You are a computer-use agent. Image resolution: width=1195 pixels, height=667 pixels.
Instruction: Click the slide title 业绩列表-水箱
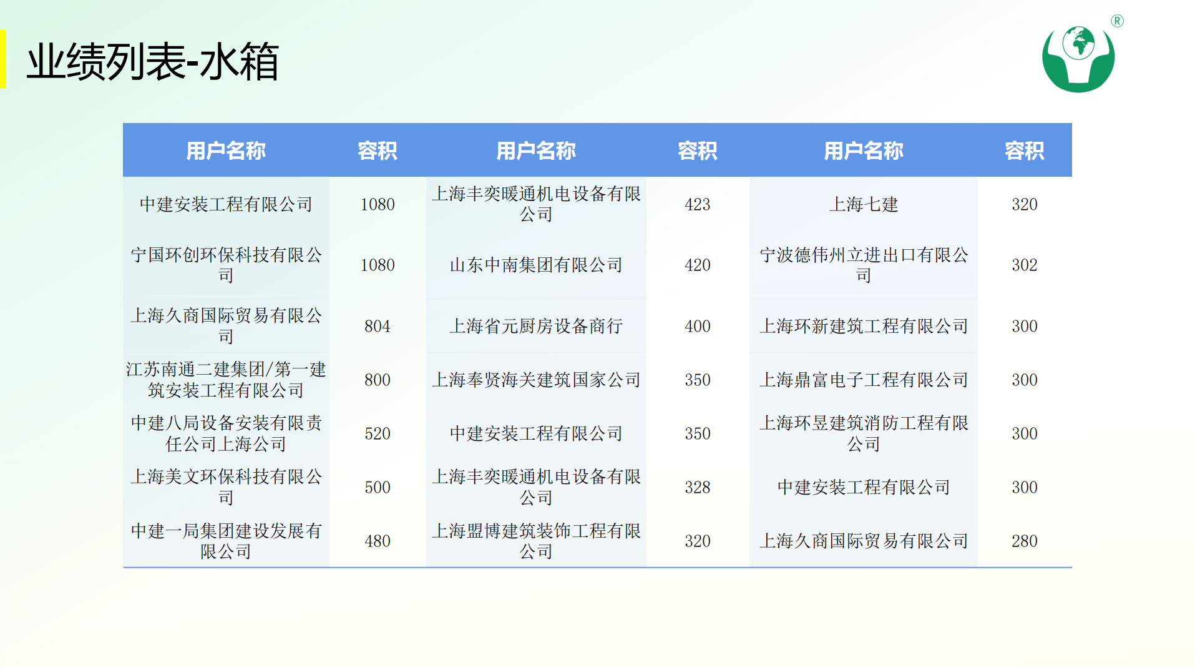152,61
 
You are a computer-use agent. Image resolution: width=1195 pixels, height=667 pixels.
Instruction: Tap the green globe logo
1078,59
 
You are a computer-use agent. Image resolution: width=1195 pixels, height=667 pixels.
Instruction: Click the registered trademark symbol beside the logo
1117,21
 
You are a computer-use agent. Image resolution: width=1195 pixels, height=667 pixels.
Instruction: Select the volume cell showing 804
378,326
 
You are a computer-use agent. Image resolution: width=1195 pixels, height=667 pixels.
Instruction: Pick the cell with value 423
697,204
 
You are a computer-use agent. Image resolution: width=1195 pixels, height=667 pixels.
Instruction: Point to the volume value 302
1024,265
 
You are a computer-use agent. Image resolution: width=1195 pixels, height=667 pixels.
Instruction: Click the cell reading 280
1024,541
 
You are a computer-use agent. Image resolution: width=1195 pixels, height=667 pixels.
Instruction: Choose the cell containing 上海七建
863,204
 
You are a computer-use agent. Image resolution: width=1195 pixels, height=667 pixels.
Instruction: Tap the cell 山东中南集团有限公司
536,265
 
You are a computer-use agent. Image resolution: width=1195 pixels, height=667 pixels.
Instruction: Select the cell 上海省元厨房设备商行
536,326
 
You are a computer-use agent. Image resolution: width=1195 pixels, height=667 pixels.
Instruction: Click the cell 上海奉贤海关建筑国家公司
536,380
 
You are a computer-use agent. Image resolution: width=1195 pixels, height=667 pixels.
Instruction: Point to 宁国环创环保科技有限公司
226,265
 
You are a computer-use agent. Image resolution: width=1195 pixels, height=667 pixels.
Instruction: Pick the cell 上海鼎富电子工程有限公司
863,380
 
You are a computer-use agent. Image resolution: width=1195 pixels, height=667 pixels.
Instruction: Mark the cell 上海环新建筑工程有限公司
863,326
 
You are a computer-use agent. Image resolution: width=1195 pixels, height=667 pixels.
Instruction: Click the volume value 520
378,433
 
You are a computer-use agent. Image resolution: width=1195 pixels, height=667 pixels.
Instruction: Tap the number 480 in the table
378,541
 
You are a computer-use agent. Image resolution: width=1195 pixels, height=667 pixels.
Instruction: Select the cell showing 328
697,487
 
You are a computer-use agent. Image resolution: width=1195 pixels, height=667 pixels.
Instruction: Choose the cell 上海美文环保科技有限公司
226,487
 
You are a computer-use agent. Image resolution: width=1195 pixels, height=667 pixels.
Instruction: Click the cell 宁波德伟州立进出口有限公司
863,265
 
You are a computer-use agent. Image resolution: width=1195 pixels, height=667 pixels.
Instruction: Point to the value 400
697,326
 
